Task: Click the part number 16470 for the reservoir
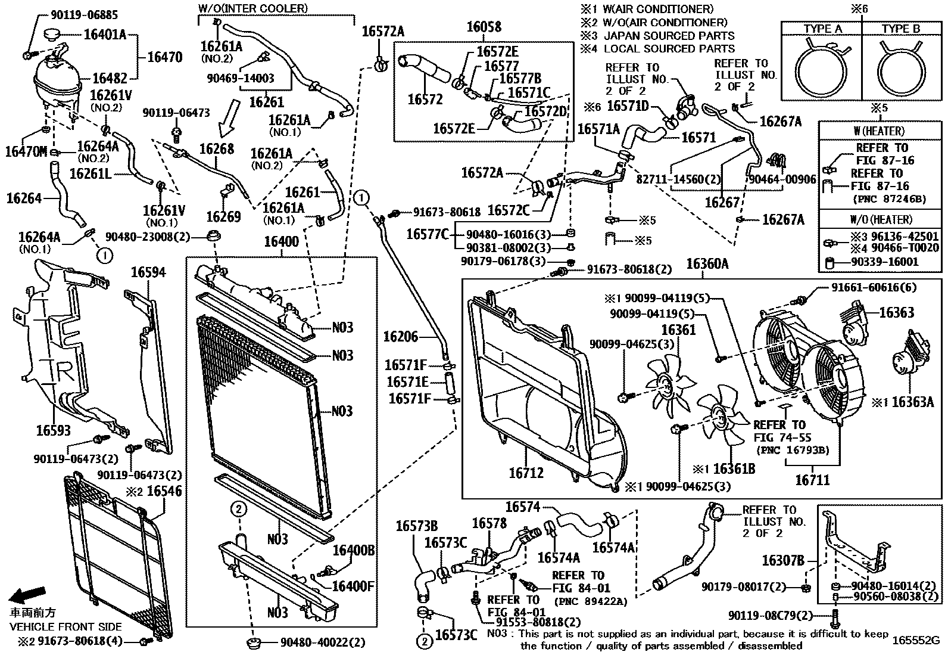click(x=164, y=57)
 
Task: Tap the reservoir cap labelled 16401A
click(x=57, y=36)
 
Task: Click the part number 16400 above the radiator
click(x=281, y=242)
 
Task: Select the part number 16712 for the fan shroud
click(x=526, y=473)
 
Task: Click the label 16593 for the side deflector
click(x=53, y=430)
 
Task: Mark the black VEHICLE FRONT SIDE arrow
click(x=29, y=595)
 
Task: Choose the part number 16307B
click(x=783, y=561)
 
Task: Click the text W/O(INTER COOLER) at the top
click(x=253, y=8)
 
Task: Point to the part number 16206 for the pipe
click(x=401, y=337)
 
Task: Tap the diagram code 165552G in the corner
click(x=915, y=641)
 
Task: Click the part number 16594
click(x=148, y=272)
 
